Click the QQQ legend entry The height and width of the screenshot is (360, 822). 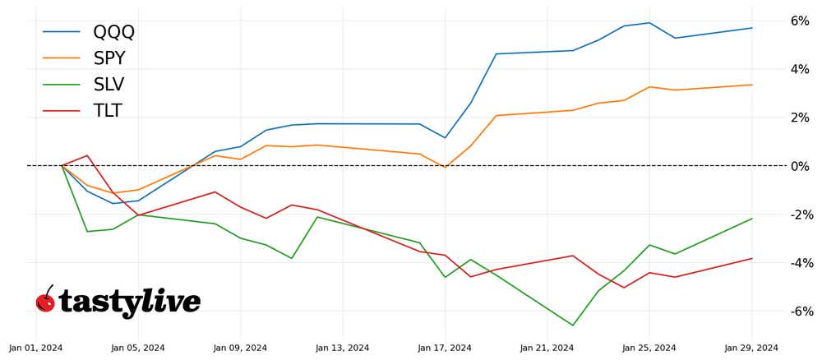(113, 32)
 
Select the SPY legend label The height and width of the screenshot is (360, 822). (109, 58)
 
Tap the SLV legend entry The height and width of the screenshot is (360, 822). (109, 85)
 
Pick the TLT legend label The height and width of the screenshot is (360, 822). (108, 111)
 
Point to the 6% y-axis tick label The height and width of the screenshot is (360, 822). (799, 21)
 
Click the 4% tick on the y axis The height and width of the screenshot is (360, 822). (799, 69)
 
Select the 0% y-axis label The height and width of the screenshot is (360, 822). (799, 166)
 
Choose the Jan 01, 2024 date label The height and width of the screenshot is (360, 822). (36, 348)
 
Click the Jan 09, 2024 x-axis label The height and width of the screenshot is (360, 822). (240, 348)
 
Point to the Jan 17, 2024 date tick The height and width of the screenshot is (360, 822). (445, 348)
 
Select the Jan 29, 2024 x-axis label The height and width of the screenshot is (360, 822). (751, 348)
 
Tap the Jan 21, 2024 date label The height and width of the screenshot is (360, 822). (547, 348)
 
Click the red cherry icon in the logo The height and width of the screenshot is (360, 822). (45, 302)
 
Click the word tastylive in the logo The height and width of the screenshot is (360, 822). (130, 302)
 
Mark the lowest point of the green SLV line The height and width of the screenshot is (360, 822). (573, 325)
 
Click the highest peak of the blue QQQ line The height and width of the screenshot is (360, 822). (649, 23)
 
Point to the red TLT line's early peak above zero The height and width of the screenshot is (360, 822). (87, 155)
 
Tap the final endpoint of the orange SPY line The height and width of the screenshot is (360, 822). (751, 85)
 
